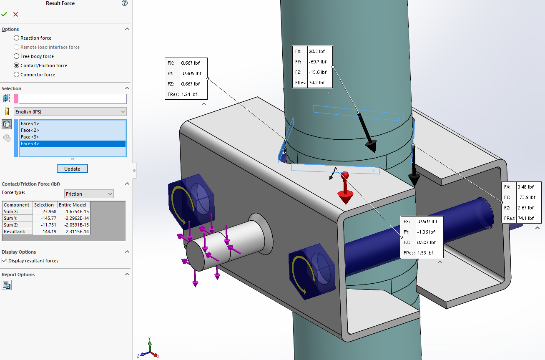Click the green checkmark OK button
pyautogui.click(x=4, y=14)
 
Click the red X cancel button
pyautogui.click(x=16, y=14)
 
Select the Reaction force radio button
pyautogui.click(x=17, y=38)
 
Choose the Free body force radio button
pyautogui.click(x=17, y=56)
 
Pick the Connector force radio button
pyautogui.click(x=17, y=75)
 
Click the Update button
pyautogui.click(x=72, y=169)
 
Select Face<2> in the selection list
pyautogui.click(x=30, y=130)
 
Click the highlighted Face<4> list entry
pyautogui.click(x=30, y=143)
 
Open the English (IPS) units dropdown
pyautogui.click(x=70, y=112)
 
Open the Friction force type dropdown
pyautogui.click(x=89, y=194)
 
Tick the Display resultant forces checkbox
pyautogui.click(x=5, y=261)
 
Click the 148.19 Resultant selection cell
pyautogui.click(x=45, y=232)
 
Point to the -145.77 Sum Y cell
pyautogui.click(x=45, y=218)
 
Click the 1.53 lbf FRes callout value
pyautogui.click(x=425, y=253)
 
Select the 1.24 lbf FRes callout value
pyautogui.click(x=189, y=94)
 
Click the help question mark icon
pyautogui.click(x=125, y=3)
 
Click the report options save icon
pyautogui.click(x=7, y=285)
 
